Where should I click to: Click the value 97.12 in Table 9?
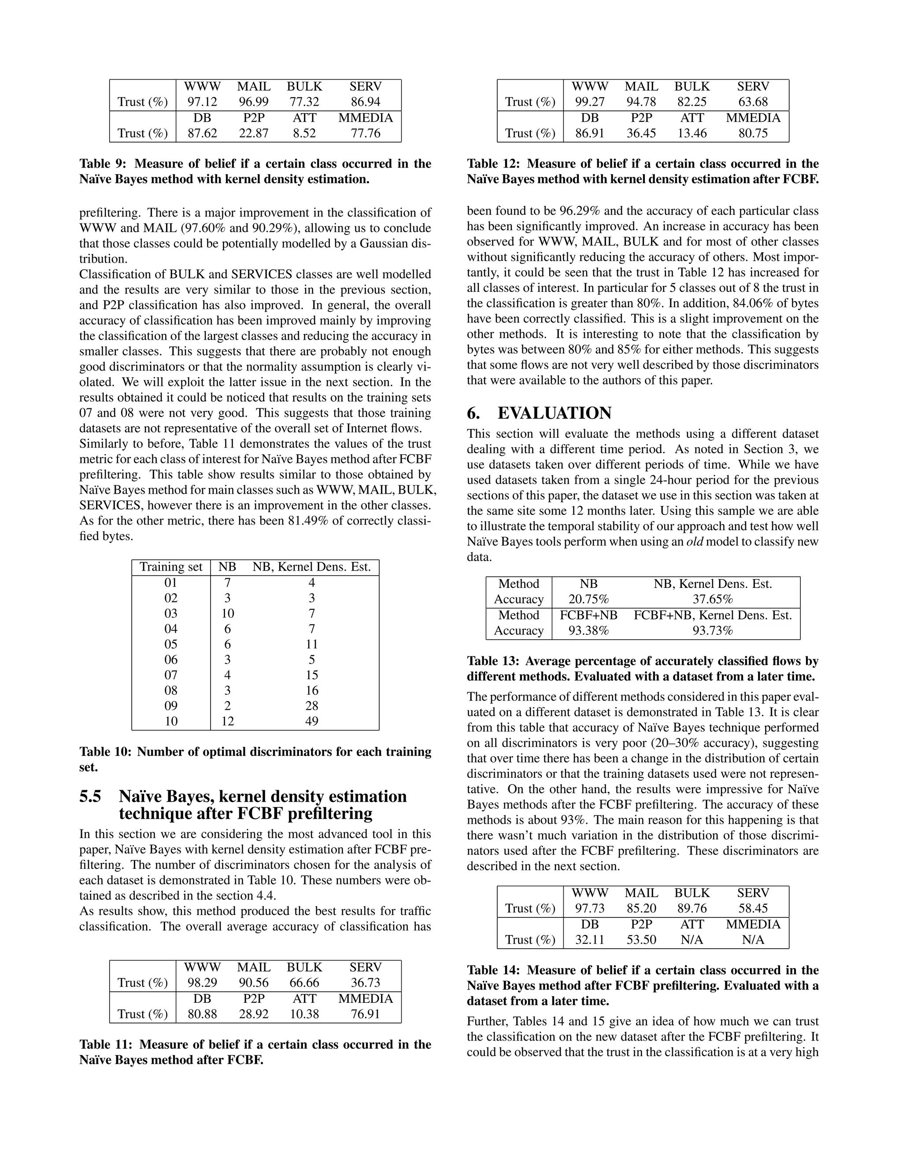click(202, 102)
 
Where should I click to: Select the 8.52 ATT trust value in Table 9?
click(304, 133)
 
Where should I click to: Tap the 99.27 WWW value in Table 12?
click(589, 102)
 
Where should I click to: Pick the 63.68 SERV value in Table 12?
click(753, 102)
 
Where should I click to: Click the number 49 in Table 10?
click(311, 721)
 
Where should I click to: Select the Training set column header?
click(171, 567)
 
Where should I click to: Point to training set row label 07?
click(171, 675)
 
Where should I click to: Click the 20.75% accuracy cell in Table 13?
click(588, 600)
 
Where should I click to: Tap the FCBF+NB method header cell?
click(588, 615)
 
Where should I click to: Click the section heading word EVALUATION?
click(554, 413)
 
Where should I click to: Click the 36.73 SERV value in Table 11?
click(366, 983)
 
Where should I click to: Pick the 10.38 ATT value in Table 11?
click(304, 1014)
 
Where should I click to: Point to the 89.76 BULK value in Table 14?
click(692, 909)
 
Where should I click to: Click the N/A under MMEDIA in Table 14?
click(753, 940)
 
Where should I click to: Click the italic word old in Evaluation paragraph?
click(694, 542)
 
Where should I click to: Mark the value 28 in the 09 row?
click(311, 706)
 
